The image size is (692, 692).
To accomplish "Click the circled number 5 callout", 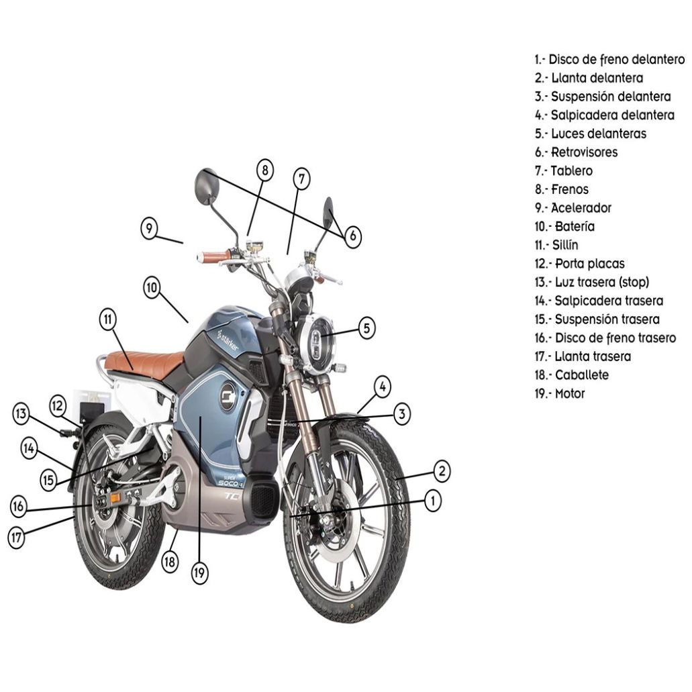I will (366, 328).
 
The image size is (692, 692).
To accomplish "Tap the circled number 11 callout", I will (108, 319).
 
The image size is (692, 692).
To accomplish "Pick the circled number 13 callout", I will (22, 414).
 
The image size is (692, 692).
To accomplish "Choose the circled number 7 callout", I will (302, 179).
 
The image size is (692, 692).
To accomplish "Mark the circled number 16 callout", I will (19, 506).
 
